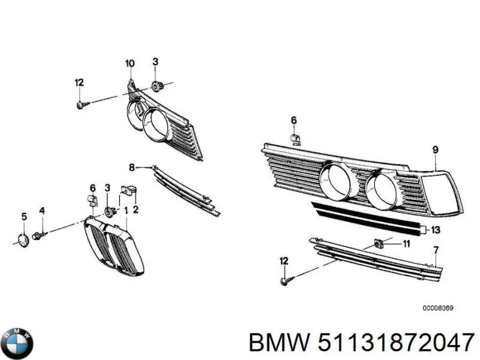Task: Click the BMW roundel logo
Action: [x=17, y=343]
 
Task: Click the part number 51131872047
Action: [x=396, y=342]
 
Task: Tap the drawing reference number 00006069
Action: [x=438, y=308]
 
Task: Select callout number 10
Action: [x=130, y=64]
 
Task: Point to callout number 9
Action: [x=436, y=149]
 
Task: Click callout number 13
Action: [x=436, y=229]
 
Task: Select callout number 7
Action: [x=436, y=250]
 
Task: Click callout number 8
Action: [x=131, y=167]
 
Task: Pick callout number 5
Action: [x=24, y=217]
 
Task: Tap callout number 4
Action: [x=42, y=211]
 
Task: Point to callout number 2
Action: [x=136, y=209]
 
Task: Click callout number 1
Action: [x=125, y=211]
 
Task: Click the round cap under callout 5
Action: [x=23, y=239]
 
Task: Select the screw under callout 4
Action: [x=38, y=236]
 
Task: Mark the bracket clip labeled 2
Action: [x=128, y=190]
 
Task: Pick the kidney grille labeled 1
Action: [x=114, y=245]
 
